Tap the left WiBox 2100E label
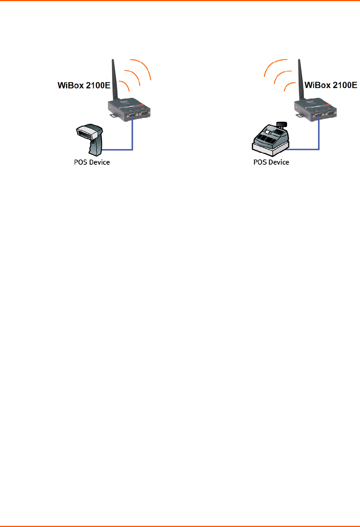[84, 85]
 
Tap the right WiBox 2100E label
[331, 85]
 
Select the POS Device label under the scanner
[92, 162]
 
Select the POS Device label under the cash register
[271, 162]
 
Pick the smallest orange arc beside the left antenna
[126, 85]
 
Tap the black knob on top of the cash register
[282, 124]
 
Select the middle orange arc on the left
[136, 75]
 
